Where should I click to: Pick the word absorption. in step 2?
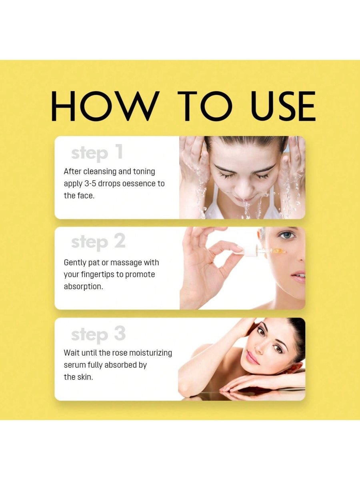coord(83,287)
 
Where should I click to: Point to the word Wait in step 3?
coord(72,353)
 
